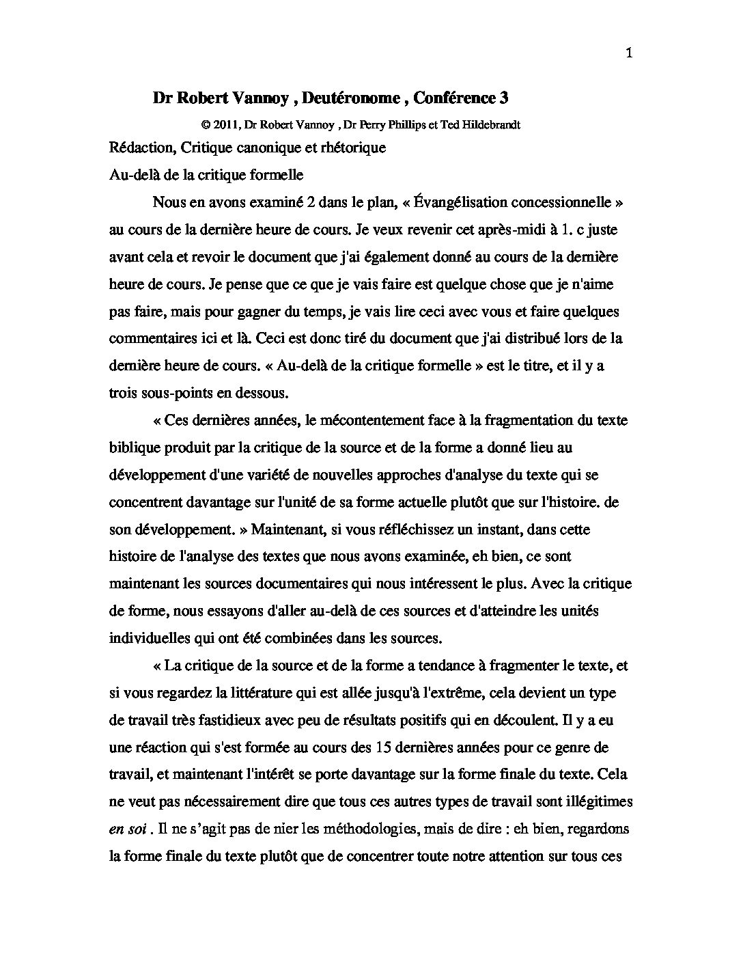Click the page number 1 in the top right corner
tap(628, 54)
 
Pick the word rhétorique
tap(353, 148)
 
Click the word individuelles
tap(150, 638)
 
